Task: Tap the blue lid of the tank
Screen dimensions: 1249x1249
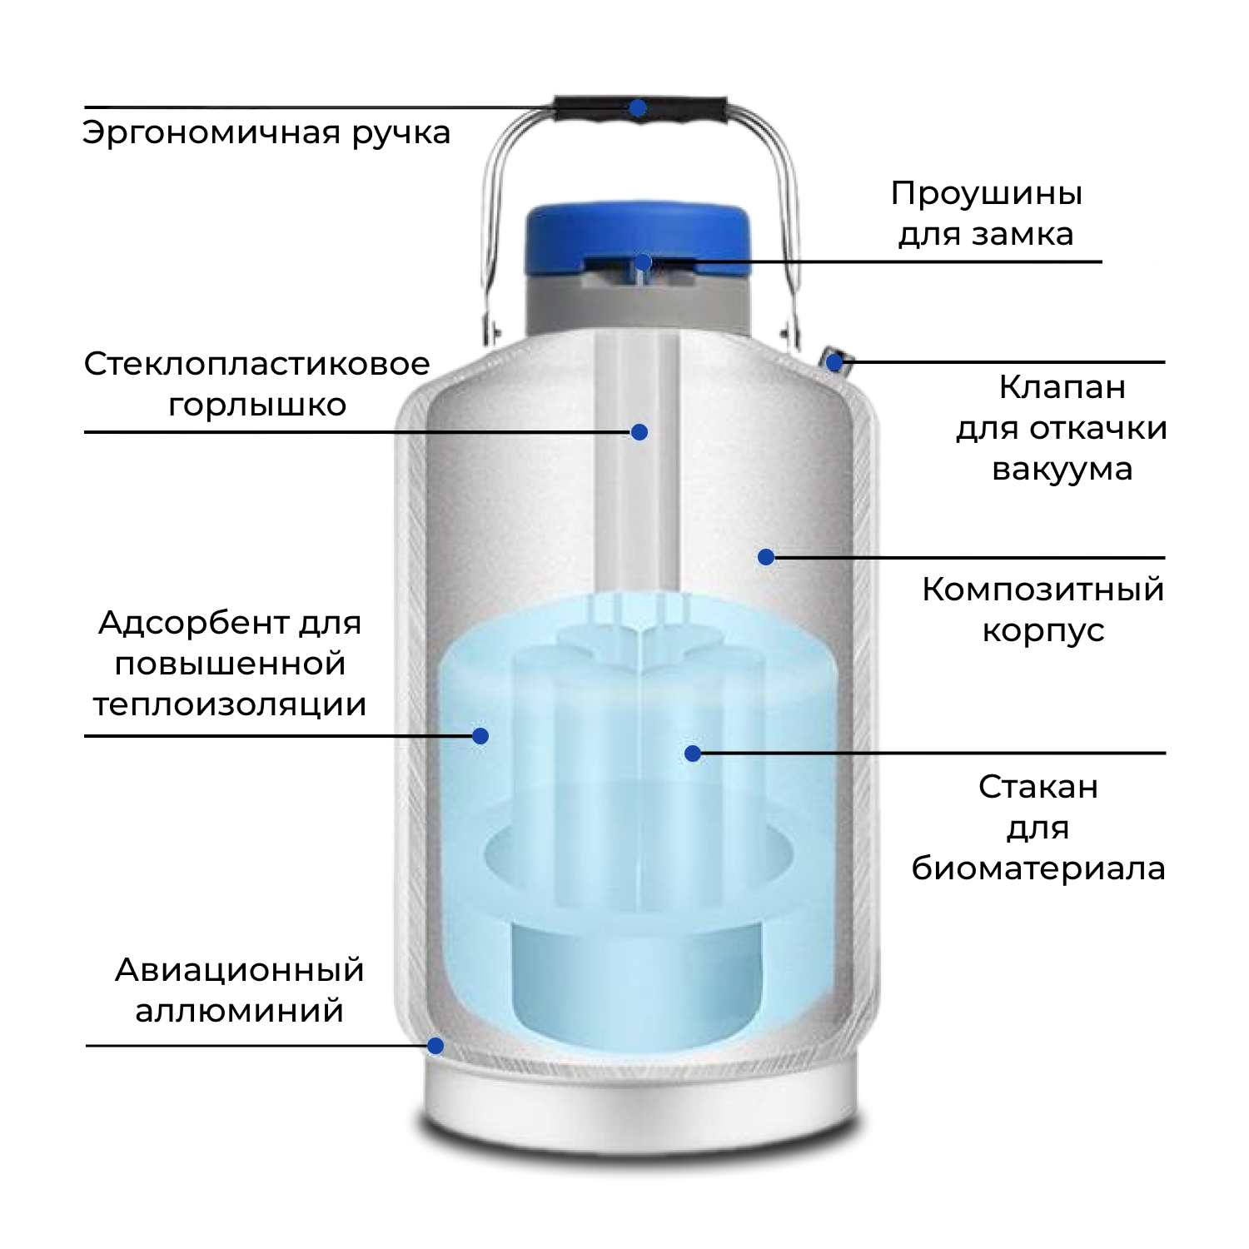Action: tap(637, 229)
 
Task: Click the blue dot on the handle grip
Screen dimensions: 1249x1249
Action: tap(638, 108)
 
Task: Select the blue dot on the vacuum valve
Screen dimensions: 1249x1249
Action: tap(834, 362)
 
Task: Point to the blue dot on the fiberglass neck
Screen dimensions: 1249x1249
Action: tap(639, 432)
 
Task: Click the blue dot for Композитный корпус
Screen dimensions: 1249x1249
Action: tap(766, 557)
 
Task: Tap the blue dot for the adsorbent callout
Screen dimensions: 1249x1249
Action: tap(480, 736)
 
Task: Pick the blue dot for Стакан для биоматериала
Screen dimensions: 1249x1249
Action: tap(693, 754)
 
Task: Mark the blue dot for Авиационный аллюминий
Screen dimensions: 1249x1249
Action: tap(435, 1046)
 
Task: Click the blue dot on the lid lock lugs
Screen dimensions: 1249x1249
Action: tap(643, 263)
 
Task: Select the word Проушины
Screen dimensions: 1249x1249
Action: tap(987, 193)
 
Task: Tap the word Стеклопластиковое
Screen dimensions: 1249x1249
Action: tap(256, 364)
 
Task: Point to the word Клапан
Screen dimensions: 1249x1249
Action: tap(1062, 387)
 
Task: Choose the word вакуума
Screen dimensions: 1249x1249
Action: tap(1062, 470)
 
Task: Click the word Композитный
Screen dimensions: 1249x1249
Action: tap(1042, 590)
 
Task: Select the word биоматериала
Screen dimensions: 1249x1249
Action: tap(1038, 868)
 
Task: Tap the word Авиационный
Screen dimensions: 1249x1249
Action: tap(240, 970)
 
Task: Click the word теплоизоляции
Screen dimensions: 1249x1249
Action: tap(230, 705)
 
